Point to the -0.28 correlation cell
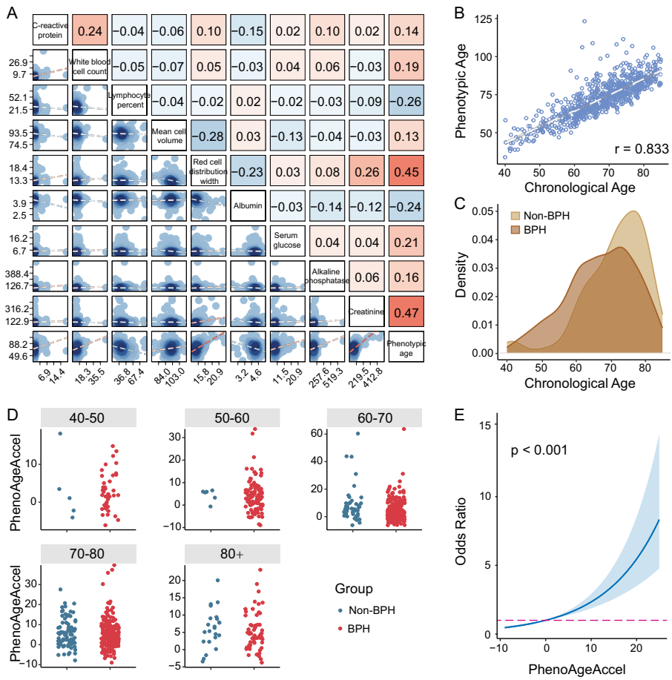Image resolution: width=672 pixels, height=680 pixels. [208, 136]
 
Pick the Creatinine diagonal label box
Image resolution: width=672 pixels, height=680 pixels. [366, 311]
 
